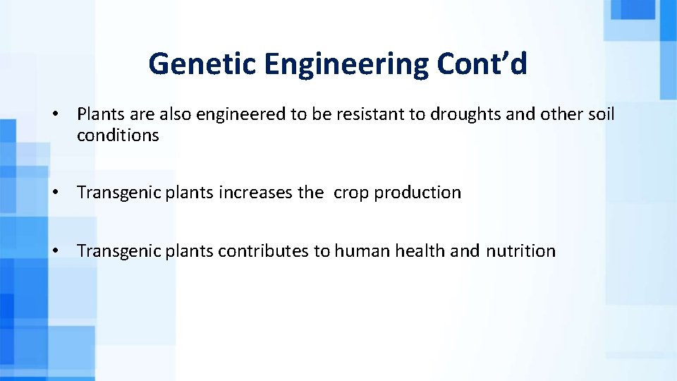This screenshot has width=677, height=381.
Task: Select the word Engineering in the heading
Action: coord(346,64)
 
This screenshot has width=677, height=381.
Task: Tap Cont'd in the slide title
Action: coord(482,64)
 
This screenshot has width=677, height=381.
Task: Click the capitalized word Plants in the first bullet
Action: coord(100,114)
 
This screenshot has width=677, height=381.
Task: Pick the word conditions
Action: coord(118,135)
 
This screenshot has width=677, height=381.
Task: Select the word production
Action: coord(417,193)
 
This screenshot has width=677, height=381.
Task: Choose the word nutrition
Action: coord(520,251)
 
